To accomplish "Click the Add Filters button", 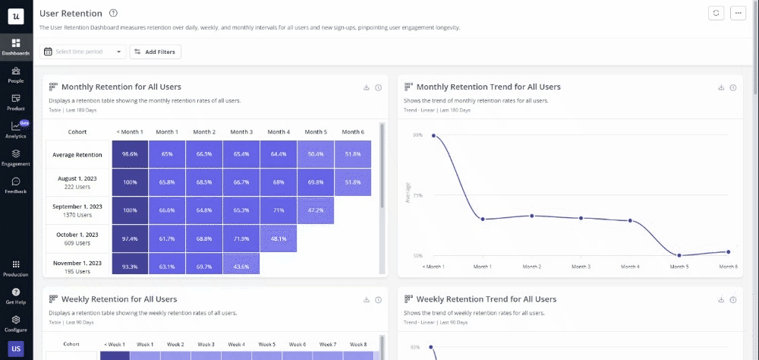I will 156,52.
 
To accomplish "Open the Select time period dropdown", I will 83,52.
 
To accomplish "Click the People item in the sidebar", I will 15,74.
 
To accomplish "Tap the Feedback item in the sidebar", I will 15,185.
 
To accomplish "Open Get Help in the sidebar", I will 15,295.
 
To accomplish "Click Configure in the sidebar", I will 15,324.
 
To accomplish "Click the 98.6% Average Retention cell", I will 130,154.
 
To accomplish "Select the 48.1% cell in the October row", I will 278,238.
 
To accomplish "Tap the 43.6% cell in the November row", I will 241,266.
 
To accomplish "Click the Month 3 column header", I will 241,131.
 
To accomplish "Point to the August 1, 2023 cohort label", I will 78,182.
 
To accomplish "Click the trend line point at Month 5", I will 679,255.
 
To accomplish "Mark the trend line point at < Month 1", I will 433,136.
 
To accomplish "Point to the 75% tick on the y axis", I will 417,195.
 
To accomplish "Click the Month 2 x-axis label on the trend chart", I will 532,267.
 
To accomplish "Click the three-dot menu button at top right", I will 737,13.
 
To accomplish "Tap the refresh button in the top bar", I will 716,13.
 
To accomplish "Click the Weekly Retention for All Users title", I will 119,299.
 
